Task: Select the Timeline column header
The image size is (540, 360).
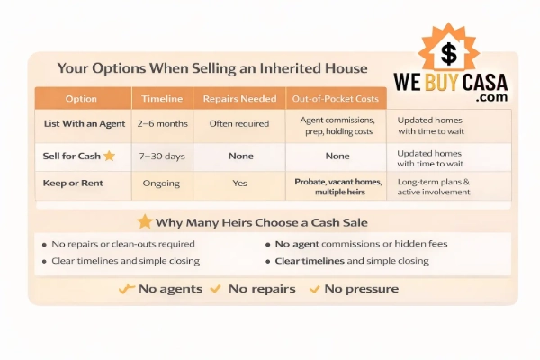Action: pos(162,99)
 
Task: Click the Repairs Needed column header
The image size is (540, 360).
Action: pos(239,99)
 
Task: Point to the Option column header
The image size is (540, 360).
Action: pos(83,99)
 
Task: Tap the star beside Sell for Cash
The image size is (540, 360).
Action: pos(109,156)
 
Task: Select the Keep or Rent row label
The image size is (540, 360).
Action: pos(76,183)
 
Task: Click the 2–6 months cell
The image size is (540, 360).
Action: pos(162,123)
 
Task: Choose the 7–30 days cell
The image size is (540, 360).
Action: pos(162,156)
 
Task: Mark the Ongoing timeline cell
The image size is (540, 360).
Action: pos(162,183)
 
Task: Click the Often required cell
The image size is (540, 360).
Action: pos(239,123)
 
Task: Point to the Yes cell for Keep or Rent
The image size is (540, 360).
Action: pos(239,183)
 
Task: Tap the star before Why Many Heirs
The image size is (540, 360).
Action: pos(144,221)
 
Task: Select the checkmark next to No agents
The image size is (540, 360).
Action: pos(127,289)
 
